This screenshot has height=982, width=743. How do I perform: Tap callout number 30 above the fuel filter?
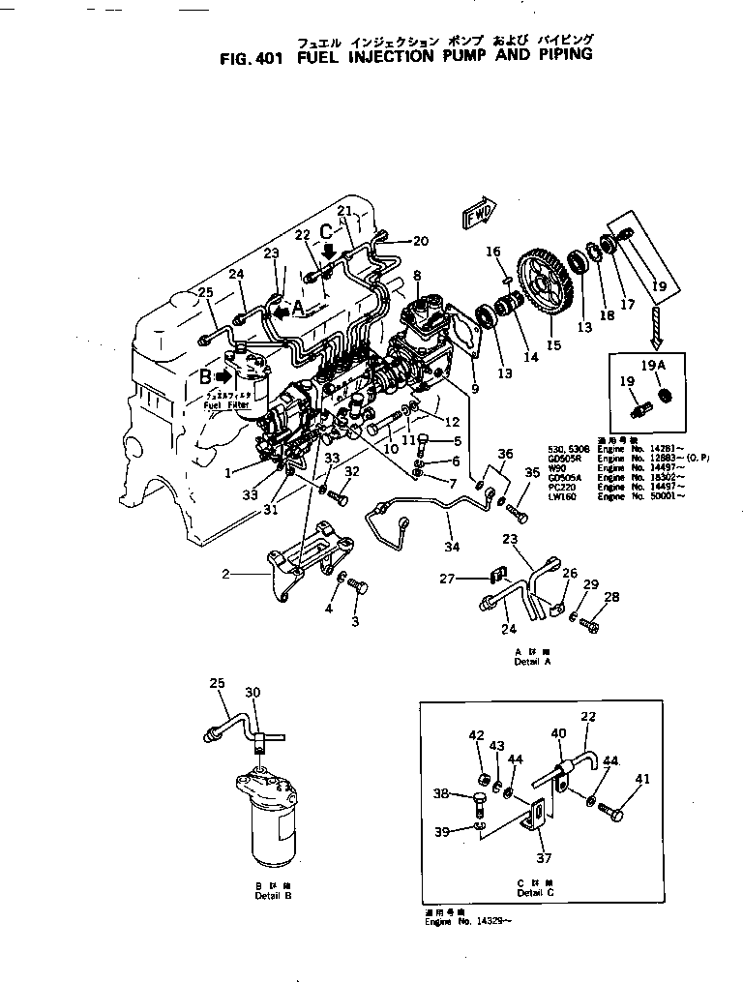pos(253,692)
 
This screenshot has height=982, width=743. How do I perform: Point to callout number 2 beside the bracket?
pos(225,574)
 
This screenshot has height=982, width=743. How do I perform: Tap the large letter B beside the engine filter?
pos(205,376)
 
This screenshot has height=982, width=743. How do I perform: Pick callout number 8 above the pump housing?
pos(417,276)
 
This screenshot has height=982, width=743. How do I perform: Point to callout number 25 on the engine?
pos(205,292)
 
